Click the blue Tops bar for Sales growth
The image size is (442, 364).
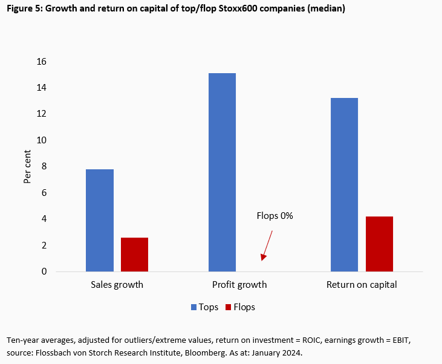tap(100, 220)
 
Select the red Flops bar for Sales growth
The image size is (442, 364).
tap(134, 254)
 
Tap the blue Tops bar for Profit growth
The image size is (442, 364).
tap(222, 172)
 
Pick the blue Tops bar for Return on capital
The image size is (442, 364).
tap(345, 184)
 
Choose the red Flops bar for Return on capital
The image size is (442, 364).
tap(379, 244)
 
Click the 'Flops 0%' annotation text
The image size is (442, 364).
tap(275, 215)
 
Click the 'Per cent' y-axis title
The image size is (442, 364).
tap(27, 166)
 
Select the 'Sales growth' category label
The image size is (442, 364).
tap(117, 285)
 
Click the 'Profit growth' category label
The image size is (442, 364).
tap(239, 285)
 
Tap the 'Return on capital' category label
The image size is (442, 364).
tap(362, 285)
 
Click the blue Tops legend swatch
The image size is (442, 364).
tap(195, 307)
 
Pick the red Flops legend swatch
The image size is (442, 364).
tap(228, 307)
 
